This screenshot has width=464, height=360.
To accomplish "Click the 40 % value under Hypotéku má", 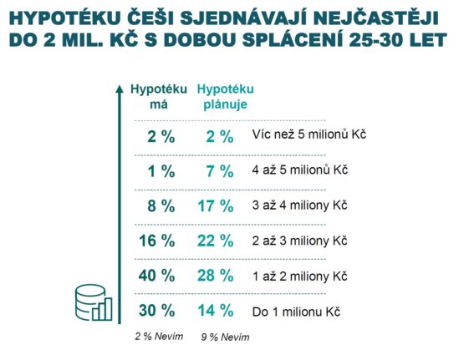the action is click(157, 276).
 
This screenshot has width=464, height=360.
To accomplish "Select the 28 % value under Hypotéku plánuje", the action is click(216, 276).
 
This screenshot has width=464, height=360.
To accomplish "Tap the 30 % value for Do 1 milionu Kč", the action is click(157, 311).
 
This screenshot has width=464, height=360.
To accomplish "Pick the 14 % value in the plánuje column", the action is click(216, 311).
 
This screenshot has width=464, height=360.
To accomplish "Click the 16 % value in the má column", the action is click(157, 241).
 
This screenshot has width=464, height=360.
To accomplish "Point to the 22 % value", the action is click(216, 241).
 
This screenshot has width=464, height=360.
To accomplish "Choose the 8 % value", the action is click(161, 205).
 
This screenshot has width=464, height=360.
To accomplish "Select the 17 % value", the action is click(216, 205).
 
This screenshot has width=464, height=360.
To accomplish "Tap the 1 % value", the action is click(161, 171).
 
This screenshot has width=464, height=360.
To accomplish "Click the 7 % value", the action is click(220, 171).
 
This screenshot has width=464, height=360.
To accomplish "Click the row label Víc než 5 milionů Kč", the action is click(309, 134).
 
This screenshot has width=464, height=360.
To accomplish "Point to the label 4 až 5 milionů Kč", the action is click(300, 170).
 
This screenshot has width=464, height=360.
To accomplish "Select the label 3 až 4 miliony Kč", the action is click(299, 205).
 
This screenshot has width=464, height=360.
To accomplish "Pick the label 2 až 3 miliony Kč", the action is click(299, 241).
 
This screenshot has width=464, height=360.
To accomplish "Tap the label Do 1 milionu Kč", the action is click(296, 312).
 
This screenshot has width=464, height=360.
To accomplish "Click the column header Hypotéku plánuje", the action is click(226, 97).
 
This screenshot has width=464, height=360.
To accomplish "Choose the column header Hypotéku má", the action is click(159, 97).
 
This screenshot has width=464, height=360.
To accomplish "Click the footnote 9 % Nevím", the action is click(225, 337).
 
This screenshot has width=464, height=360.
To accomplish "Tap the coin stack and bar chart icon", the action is click(94, 302).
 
